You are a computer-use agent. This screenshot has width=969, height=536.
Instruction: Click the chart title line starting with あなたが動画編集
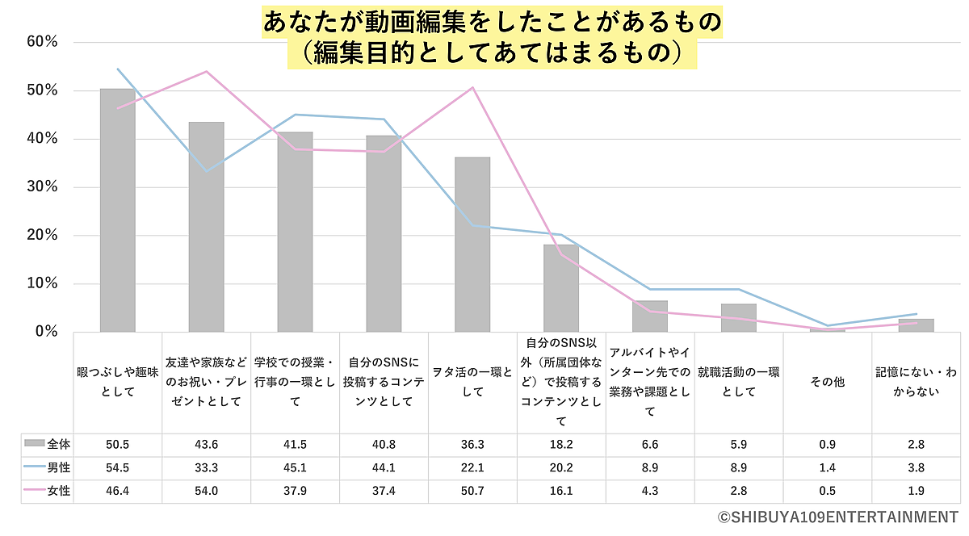click(492, 22)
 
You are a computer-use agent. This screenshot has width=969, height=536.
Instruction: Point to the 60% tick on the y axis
click(41, 42)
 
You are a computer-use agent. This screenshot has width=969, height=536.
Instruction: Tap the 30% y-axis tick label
click(41, 187)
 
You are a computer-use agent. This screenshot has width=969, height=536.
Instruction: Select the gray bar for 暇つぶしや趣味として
click(117, 210)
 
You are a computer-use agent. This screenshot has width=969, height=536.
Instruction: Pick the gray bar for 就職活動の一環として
click(738, 317)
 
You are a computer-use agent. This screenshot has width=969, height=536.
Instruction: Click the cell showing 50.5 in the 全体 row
click(118, 444)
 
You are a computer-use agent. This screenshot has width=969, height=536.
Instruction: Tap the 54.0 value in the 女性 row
click(207, 491)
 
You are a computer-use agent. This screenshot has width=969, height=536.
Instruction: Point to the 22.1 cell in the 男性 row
click(472, 467)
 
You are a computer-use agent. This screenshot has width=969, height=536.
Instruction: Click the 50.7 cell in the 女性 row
click(472, 491)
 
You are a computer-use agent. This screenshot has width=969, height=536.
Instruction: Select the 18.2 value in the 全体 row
click(561, 444)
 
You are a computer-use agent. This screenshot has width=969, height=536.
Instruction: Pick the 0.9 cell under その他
click(827, 444)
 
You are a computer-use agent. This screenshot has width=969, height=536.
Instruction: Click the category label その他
click(827, 382)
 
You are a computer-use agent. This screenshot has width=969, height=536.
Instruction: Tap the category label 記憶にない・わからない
click(916, 382)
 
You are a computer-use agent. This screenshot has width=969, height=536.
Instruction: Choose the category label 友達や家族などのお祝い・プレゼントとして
click(207, 382)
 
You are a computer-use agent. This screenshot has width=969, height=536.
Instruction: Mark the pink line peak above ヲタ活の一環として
click(472, 87)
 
